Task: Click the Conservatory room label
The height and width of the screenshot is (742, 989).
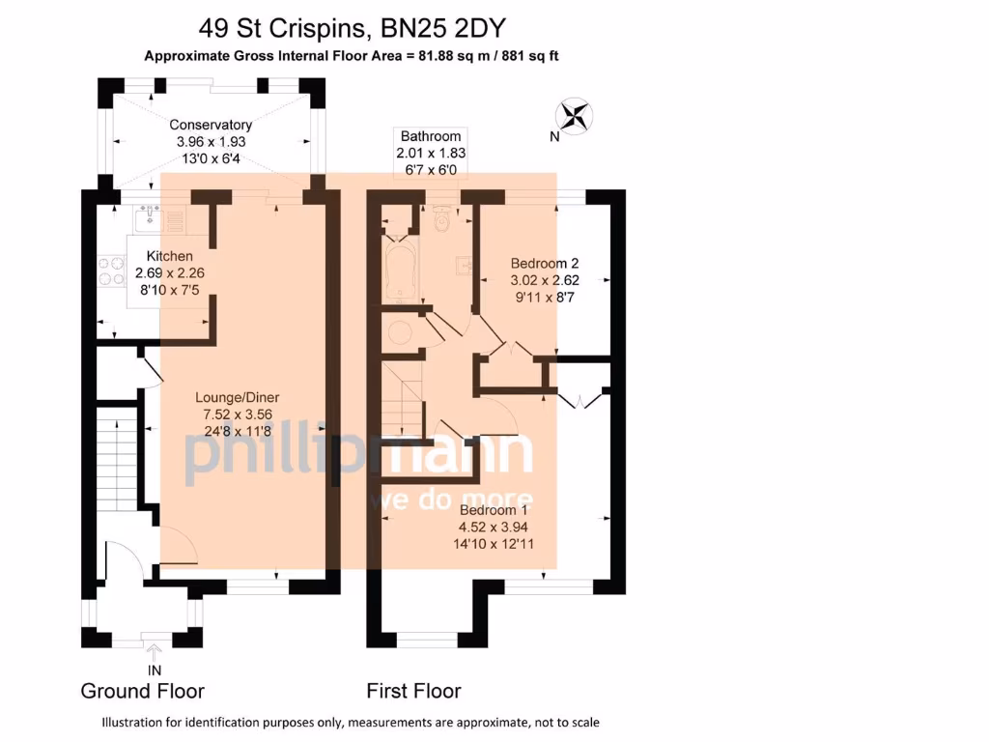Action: coord(211,125)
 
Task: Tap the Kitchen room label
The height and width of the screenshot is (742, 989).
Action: coord(170,256)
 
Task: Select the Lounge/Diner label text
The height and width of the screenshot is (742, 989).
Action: coord(238,397)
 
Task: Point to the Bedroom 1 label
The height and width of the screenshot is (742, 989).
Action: coord(494,510)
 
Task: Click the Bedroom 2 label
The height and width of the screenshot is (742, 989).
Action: coord(545,263)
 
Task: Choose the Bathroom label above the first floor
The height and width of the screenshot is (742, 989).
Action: coord(431,136)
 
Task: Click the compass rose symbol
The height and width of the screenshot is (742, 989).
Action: coord(574,117)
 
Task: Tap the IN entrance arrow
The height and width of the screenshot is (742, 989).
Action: coord(154,652)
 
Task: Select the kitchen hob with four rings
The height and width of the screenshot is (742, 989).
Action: coord(112,271)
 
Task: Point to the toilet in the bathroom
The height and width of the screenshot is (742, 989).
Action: coord(442,219)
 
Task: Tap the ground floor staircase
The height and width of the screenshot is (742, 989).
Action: coord(117,459)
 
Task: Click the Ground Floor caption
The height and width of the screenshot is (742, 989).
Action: coord(143,691)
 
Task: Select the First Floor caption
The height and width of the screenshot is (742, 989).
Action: coord(413,691)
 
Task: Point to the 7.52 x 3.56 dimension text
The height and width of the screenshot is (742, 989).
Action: coord(238,414)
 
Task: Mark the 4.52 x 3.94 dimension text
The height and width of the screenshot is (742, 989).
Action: coord(494,527)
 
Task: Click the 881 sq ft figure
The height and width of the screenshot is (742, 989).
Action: coord(530,55)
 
